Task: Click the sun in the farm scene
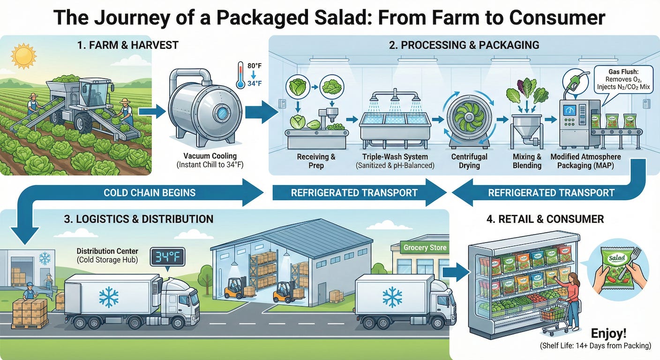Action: (23, 56)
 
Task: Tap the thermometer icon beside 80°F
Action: (240, 75)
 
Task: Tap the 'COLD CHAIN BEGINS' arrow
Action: (150, 192)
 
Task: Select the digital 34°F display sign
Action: (167, 257)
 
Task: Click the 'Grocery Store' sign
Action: (425, 247)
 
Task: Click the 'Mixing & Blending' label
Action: (527, 161)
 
